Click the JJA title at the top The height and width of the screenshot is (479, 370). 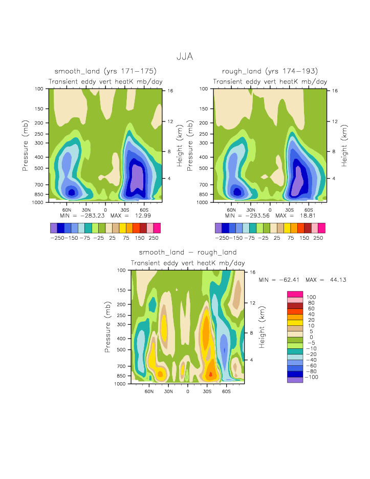[x=185, y=57]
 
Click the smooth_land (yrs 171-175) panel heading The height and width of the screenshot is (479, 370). [x=105, y=71]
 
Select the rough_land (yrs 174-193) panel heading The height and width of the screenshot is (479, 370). [x=270, y=71]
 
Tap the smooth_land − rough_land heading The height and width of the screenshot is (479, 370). [x=187, y=253]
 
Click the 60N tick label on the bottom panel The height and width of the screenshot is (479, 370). [x=149, y=391]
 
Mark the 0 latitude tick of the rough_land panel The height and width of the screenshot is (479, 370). [x=270, y=210]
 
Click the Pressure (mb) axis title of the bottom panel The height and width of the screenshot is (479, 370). [x=108, y=326]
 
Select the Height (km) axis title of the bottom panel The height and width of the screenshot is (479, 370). [x=262, y=326]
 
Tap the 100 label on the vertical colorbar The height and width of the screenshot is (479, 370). [x=311, y=297]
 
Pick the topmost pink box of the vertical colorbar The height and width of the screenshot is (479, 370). [x=295, y=294]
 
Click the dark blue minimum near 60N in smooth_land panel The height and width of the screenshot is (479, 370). [x=72, y=192]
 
